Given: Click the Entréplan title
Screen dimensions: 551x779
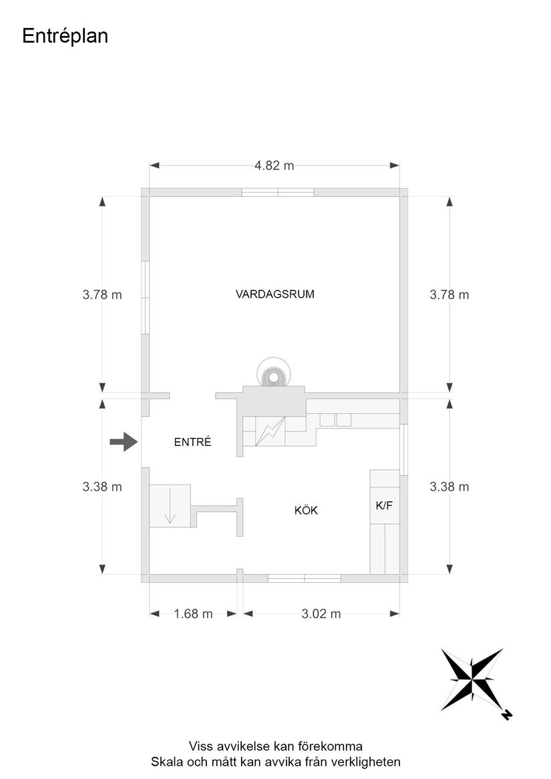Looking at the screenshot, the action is [x=65, y=37].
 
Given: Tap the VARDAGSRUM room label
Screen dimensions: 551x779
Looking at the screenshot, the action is [x=275, y=294].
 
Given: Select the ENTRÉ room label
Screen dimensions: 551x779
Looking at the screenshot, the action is [x=192, y=442].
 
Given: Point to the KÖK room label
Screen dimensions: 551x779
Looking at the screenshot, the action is [x=306, y=510].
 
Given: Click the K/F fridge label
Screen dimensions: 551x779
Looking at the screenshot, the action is [x=384, y=506].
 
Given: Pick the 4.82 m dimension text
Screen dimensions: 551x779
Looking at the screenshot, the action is [x=274, y=166].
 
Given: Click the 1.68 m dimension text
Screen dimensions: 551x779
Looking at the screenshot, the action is [x=193, y=614].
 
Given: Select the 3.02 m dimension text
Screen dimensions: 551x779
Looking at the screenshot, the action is [x=321, y=614].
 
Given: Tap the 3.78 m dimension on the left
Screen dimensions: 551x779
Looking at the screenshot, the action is [x=102, y=294].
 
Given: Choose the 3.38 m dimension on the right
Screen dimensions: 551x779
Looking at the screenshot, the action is [x=449, y=487].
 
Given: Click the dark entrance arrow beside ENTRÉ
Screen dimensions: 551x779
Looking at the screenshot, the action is [x=124, y=441].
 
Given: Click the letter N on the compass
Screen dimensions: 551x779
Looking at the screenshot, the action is [x=507, y=715].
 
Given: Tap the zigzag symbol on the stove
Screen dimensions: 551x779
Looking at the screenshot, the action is [x=270, y=431].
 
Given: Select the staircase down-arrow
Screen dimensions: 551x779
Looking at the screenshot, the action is [x=170, y=506].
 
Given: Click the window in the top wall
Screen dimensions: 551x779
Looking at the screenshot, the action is [x=278, y=192].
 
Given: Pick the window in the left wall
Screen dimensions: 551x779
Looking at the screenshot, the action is [x=145, y=298].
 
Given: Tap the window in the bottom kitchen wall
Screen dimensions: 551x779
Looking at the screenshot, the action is [x=305, y=578].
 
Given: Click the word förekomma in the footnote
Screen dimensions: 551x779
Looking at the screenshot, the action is [x=330, y=746].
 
